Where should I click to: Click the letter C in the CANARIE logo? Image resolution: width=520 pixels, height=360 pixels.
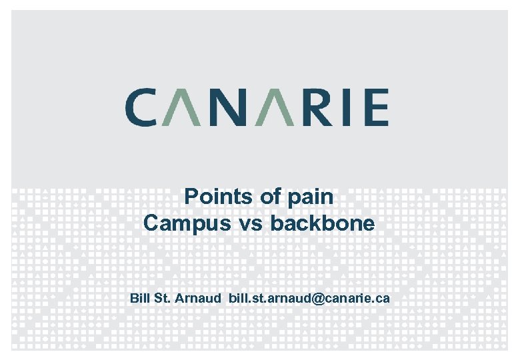(141, 107)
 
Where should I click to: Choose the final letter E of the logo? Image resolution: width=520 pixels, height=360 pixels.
(375, 107)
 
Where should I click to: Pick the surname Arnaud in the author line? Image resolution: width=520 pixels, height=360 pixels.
(198, 298)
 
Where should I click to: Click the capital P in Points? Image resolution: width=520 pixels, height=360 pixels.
(191, 197)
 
